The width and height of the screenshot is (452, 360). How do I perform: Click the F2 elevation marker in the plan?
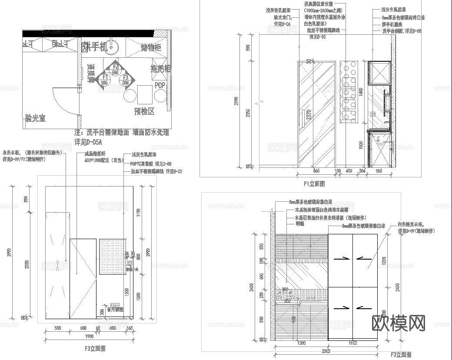[115, 69]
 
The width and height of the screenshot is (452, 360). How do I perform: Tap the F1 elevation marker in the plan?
[105, 80]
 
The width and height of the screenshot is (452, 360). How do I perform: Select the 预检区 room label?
[144, 111]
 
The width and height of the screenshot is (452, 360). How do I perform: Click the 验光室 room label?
[35, 118]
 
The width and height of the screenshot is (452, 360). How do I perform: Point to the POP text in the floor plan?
[160, 85]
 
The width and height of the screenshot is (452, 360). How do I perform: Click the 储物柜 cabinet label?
[151, 47]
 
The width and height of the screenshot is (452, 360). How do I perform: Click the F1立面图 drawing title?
[314, 184]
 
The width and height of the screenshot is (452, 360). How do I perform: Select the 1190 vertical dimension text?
[138, 212]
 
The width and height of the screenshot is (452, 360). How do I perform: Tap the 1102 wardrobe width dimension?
[352, 343]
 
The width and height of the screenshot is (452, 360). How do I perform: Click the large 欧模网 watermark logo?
[399, 323]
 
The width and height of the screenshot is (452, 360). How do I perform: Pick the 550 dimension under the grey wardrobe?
[57, 328]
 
